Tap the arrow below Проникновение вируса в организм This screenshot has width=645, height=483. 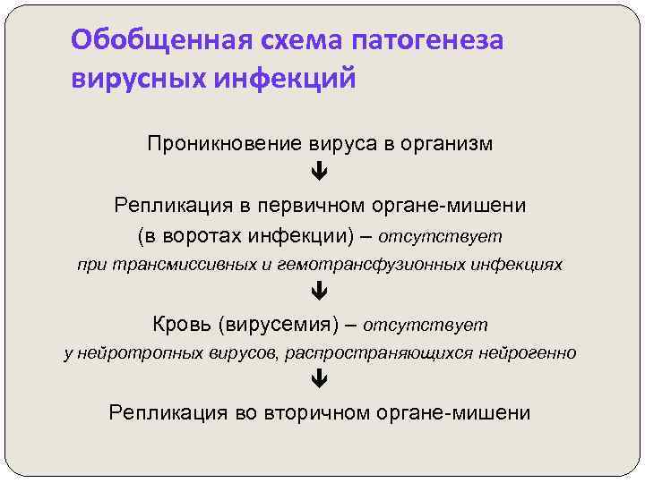(x=320, y=171)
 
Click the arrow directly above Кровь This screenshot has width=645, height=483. (x=320, y=292)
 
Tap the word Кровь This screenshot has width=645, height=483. (x=178, y=324)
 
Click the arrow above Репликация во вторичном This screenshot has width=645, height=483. (x=320, y=380)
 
